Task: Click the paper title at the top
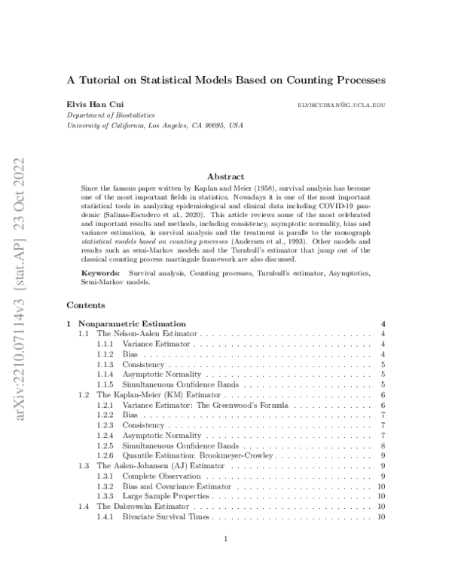(226, 78)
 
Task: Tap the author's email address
(342, 105)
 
